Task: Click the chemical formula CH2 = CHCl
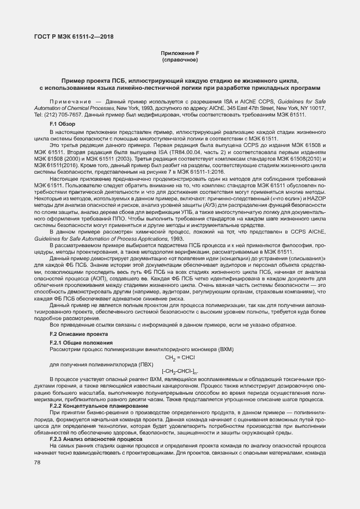click(x=180, y=357)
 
